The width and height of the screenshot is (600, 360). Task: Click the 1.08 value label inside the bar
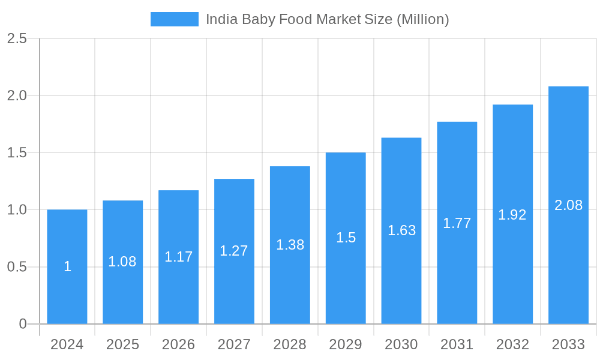[122, 262]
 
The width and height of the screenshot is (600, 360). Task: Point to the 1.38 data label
[290, 245]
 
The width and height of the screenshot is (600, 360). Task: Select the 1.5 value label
[346, 238]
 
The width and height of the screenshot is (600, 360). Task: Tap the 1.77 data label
[457, 223]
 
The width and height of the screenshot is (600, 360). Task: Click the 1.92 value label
[512, 215]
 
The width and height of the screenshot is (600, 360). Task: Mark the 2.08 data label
[568, 205]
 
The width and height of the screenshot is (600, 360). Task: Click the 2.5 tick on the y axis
[17, 38]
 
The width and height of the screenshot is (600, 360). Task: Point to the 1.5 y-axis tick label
[17, 153]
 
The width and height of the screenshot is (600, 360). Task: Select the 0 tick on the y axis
[23, 324]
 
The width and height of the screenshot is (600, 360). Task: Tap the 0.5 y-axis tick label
[17, 267]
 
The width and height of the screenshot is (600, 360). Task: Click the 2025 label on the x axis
[122, 344]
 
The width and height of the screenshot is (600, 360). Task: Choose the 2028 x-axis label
[290, 344]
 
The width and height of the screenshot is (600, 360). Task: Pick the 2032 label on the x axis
[512, 344]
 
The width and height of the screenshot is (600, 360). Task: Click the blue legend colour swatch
[174, 19]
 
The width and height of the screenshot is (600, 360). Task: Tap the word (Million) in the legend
[422, 19]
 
